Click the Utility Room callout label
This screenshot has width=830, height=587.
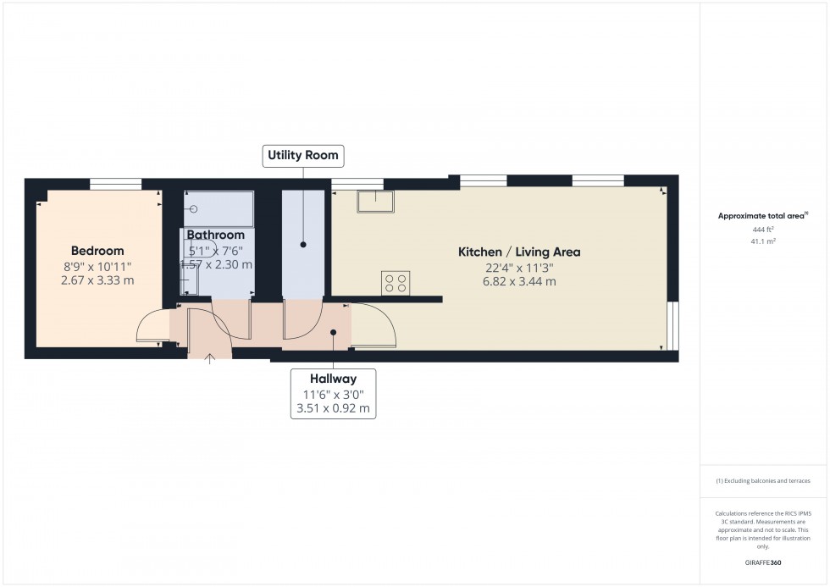(x=303, y=155)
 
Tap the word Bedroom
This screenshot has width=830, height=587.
(x=97, y=251)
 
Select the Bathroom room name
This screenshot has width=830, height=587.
(x=216, y=235)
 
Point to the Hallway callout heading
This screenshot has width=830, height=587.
(x=333, y=379)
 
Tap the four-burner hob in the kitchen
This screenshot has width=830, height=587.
(x=396, y=282)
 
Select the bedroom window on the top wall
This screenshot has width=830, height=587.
(x=116, y=182)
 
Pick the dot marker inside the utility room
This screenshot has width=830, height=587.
(x=302, y=245)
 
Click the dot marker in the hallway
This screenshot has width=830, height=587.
(x=335, y=332)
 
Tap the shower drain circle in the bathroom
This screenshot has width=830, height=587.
(x=194, y=208)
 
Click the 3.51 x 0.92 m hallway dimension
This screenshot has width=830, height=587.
(x=333, y=408)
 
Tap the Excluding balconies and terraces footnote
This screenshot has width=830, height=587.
(x=763, y=480)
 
